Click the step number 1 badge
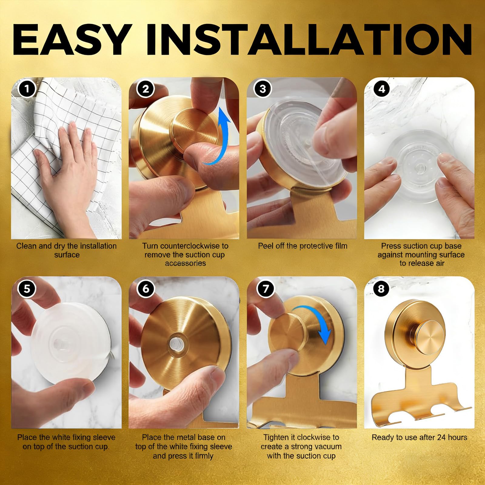27,89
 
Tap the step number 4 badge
382,89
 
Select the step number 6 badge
146,288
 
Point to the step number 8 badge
381,288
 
